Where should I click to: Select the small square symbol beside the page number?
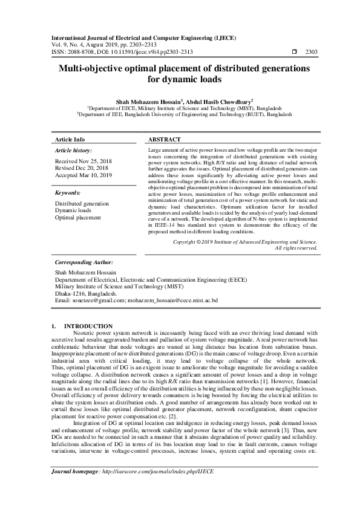[294, 52]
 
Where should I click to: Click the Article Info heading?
[70, 139]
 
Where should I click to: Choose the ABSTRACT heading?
[165, 139]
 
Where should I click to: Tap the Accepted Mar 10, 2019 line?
[83, 175]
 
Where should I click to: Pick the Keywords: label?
[68, 192]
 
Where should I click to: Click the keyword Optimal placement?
[78, 217]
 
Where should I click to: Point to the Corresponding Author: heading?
[83, 263]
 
